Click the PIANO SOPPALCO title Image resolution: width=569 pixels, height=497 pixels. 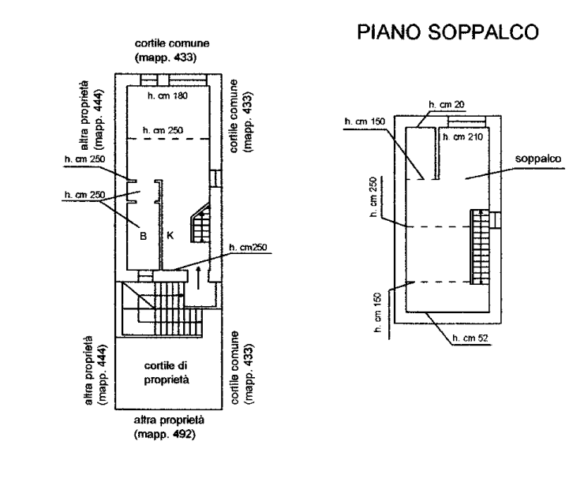pyautogui.click(x=447, y=32)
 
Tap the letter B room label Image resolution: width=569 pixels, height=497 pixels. pyautogui.click(x=143, y=236)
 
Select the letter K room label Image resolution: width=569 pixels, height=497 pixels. pyautogui.click(x=170, y=235)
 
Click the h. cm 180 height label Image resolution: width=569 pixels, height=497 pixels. pyautogui.click(x=167, y=95)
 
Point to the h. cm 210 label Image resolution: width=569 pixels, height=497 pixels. pyautogui.click(x=462, y=136)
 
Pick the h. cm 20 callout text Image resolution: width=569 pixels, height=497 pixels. pyautogui.click(x=447, y=104)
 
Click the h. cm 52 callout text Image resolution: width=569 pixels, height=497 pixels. pyautogui.click(x=470, y=338)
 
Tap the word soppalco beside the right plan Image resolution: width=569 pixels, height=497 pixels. pyautogui.click(x=537, y=159)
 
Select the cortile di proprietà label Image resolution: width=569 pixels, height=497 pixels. pyautogui.click(x=167, y=372)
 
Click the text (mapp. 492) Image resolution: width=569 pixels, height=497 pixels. pyautogui.click(x=165, y=434)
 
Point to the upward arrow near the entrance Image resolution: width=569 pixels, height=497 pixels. pyautogui.click(x=198, y=278)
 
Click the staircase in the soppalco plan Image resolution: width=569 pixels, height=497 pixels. pyautogui.click(x=480, y=247)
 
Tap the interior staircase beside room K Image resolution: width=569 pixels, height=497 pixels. pyautogui.click(x=200, y=222)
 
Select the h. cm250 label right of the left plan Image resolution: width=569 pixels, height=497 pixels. pyautogui.click(x=248, y=248)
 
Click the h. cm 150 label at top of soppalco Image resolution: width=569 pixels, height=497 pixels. pyautogui.click(x=365, y=121)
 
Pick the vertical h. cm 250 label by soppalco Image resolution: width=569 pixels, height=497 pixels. pyautogui.click(x=373, y=197)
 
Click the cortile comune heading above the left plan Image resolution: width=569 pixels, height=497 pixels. pyautogui.click(x=172, y=43)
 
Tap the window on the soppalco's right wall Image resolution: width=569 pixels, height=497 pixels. pyautogui.click(x=495, y=220)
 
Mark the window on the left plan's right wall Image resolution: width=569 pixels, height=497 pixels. pyautogui.click(x=215, y=178)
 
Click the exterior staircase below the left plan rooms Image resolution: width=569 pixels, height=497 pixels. pyautogui.click(x=163, y=308)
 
